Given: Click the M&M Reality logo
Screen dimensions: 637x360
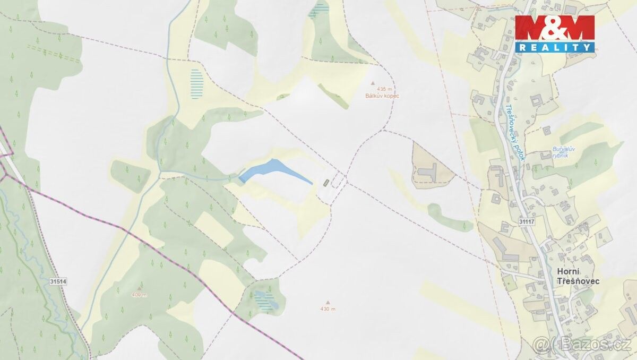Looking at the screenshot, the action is click(555, 33).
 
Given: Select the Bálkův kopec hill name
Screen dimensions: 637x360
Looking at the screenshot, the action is click(382, 96).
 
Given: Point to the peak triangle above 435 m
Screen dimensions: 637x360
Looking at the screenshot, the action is click(372, 83).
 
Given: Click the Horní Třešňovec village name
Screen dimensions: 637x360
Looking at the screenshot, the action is click(578, 276).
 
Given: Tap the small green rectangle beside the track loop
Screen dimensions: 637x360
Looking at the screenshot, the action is click(326, 183).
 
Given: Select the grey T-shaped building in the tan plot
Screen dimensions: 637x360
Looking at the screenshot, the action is click(429, 172).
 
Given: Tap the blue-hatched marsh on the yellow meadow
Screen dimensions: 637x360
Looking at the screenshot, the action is click(197, 84).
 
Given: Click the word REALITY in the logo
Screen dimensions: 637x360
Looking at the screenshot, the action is click(555, 47).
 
